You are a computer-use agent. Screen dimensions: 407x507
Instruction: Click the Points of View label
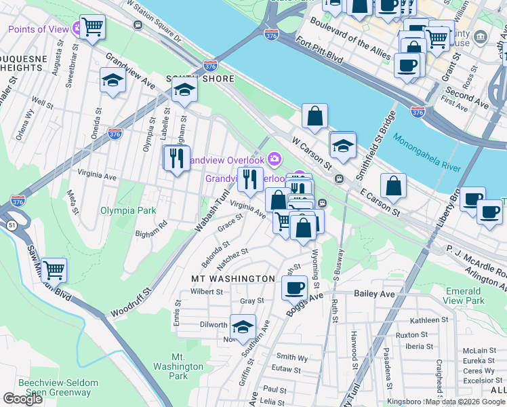click(39, 29)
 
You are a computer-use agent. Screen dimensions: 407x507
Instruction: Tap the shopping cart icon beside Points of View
click(92, 27)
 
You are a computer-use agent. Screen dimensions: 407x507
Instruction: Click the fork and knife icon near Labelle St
click(176, 158)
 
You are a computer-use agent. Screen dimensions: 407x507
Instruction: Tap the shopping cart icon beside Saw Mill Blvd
click(54, 270)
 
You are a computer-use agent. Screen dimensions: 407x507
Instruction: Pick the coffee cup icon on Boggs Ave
click(294, 287)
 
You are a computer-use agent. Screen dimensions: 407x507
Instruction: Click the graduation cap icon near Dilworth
click(243, 326)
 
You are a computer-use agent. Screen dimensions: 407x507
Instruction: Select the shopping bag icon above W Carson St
click(315, 116)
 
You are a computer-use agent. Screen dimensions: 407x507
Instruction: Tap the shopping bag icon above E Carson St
click(393, 185)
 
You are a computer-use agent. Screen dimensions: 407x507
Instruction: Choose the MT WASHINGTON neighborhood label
click(232, 279)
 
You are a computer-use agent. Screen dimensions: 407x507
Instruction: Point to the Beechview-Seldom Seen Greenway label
click(58, 388)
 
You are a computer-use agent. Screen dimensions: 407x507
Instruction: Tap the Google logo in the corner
click(22, 399)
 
